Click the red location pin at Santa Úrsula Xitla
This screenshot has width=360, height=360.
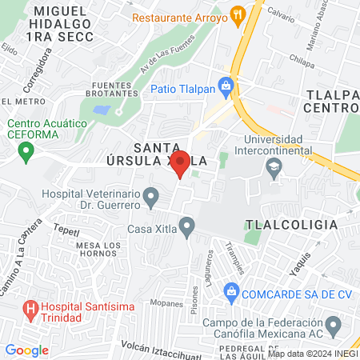coord(181,163)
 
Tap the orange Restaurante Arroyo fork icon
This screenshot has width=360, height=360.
coord(236,14)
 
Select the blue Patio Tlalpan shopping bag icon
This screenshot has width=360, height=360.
coord(227,85)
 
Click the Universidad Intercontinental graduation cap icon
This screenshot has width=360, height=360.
coord(274,167)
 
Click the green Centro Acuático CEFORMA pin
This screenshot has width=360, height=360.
coord(26,150)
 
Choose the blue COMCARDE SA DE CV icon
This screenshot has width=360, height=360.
coord(232,290)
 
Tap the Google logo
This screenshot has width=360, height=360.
coord(26,350)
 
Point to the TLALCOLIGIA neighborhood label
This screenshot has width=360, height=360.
coord(291,225)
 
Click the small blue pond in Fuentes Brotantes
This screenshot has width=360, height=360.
coord(102,110)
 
